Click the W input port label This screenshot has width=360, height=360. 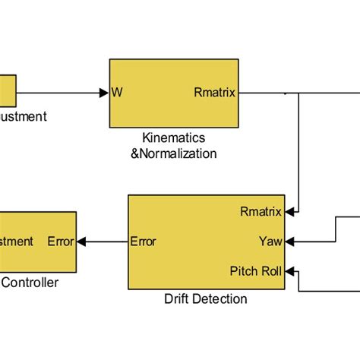click(117, 93)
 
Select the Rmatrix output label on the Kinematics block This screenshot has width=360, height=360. click(215, 93)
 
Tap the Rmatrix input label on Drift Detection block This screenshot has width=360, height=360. click(261, 211)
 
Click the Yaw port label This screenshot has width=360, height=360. click(270, 242)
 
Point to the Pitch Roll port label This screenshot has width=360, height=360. click(256, 271)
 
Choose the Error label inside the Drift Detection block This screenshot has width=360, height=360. click(144, 242)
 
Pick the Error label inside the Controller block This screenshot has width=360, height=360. click(61, 242)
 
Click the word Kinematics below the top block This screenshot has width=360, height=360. click(174, 138)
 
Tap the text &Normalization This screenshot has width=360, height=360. click(174, 153)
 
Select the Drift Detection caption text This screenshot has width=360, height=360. click(206, 298)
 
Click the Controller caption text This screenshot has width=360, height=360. click(30, 283)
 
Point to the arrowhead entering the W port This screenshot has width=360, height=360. click(104, 93)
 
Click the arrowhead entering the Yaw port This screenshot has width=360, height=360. click(291, 242)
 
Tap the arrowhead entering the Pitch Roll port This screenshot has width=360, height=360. click(291, 271)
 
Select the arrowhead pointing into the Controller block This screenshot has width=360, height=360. click(81, 242)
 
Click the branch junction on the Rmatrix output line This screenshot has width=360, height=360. click(299, 93)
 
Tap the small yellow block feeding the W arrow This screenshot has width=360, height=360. click(7, 90)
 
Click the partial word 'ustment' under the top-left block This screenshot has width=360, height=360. click(23, 116)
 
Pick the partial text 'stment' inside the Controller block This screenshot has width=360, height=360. click(17, 242)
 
